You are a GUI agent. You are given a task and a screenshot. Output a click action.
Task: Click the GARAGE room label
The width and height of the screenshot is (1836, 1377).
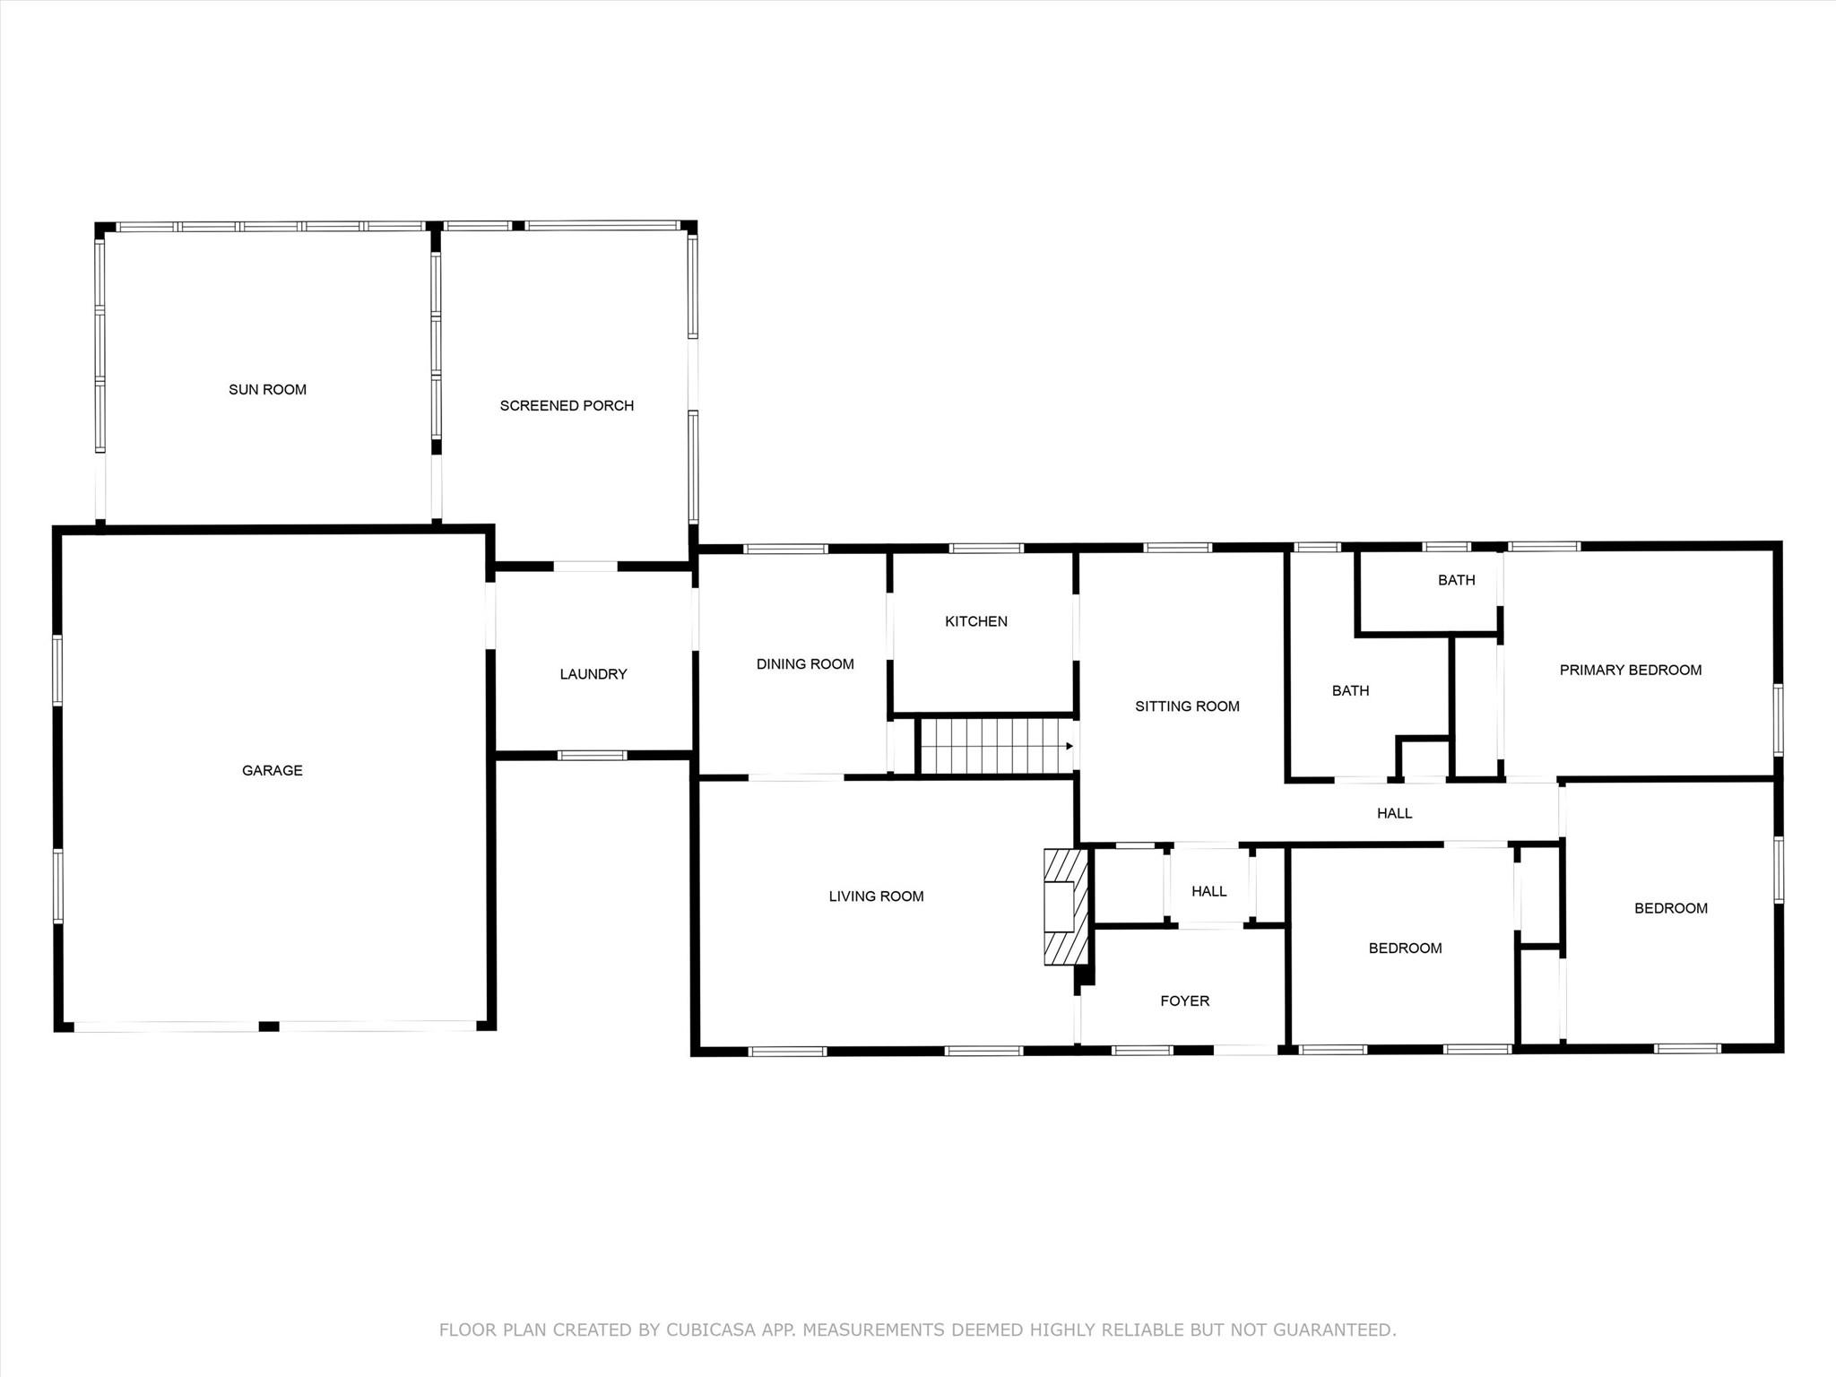click(272, 770)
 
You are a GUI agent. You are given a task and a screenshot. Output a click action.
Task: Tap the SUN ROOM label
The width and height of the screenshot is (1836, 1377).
click(267, 389)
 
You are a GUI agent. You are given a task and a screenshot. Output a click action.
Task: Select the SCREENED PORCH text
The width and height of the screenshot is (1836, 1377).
click(567, 405)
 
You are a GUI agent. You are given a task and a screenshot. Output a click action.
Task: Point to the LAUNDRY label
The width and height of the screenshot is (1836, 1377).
click(593, 674)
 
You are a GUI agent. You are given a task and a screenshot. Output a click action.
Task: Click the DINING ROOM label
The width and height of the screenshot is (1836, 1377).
click(805, 664)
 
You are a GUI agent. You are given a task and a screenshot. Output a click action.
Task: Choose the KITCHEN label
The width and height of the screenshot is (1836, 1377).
click(975, 621)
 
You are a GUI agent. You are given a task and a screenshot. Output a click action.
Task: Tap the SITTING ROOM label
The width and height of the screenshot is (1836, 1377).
click(1187, 706)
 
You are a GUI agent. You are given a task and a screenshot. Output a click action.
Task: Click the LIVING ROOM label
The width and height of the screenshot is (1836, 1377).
click(876, 896)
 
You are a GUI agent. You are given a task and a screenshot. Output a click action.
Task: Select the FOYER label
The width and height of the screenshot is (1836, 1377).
click(1184, 1000)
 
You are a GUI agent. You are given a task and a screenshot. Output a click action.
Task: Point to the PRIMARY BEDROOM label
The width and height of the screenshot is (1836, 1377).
click(1630, 670)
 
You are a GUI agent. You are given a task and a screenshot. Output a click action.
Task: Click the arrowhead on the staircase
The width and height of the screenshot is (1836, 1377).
click(1069, 746)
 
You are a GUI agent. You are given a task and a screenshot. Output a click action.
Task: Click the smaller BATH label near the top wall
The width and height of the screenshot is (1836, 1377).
click(1456, 580)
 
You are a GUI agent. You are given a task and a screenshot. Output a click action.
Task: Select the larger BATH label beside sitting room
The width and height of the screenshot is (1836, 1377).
click(1350, 690)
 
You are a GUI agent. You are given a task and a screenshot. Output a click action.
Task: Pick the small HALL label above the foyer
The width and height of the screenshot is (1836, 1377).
click(1208, 891)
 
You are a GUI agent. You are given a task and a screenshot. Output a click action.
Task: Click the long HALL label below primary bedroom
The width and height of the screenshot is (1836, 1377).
click(1394, 813)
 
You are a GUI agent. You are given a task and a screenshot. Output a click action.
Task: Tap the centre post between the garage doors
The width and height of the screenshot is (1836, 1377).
click(269, 1026)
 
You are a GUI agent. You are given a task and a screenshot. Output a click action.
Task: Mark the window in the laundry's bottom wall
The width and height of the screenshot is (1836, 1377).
click(592, 756)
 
